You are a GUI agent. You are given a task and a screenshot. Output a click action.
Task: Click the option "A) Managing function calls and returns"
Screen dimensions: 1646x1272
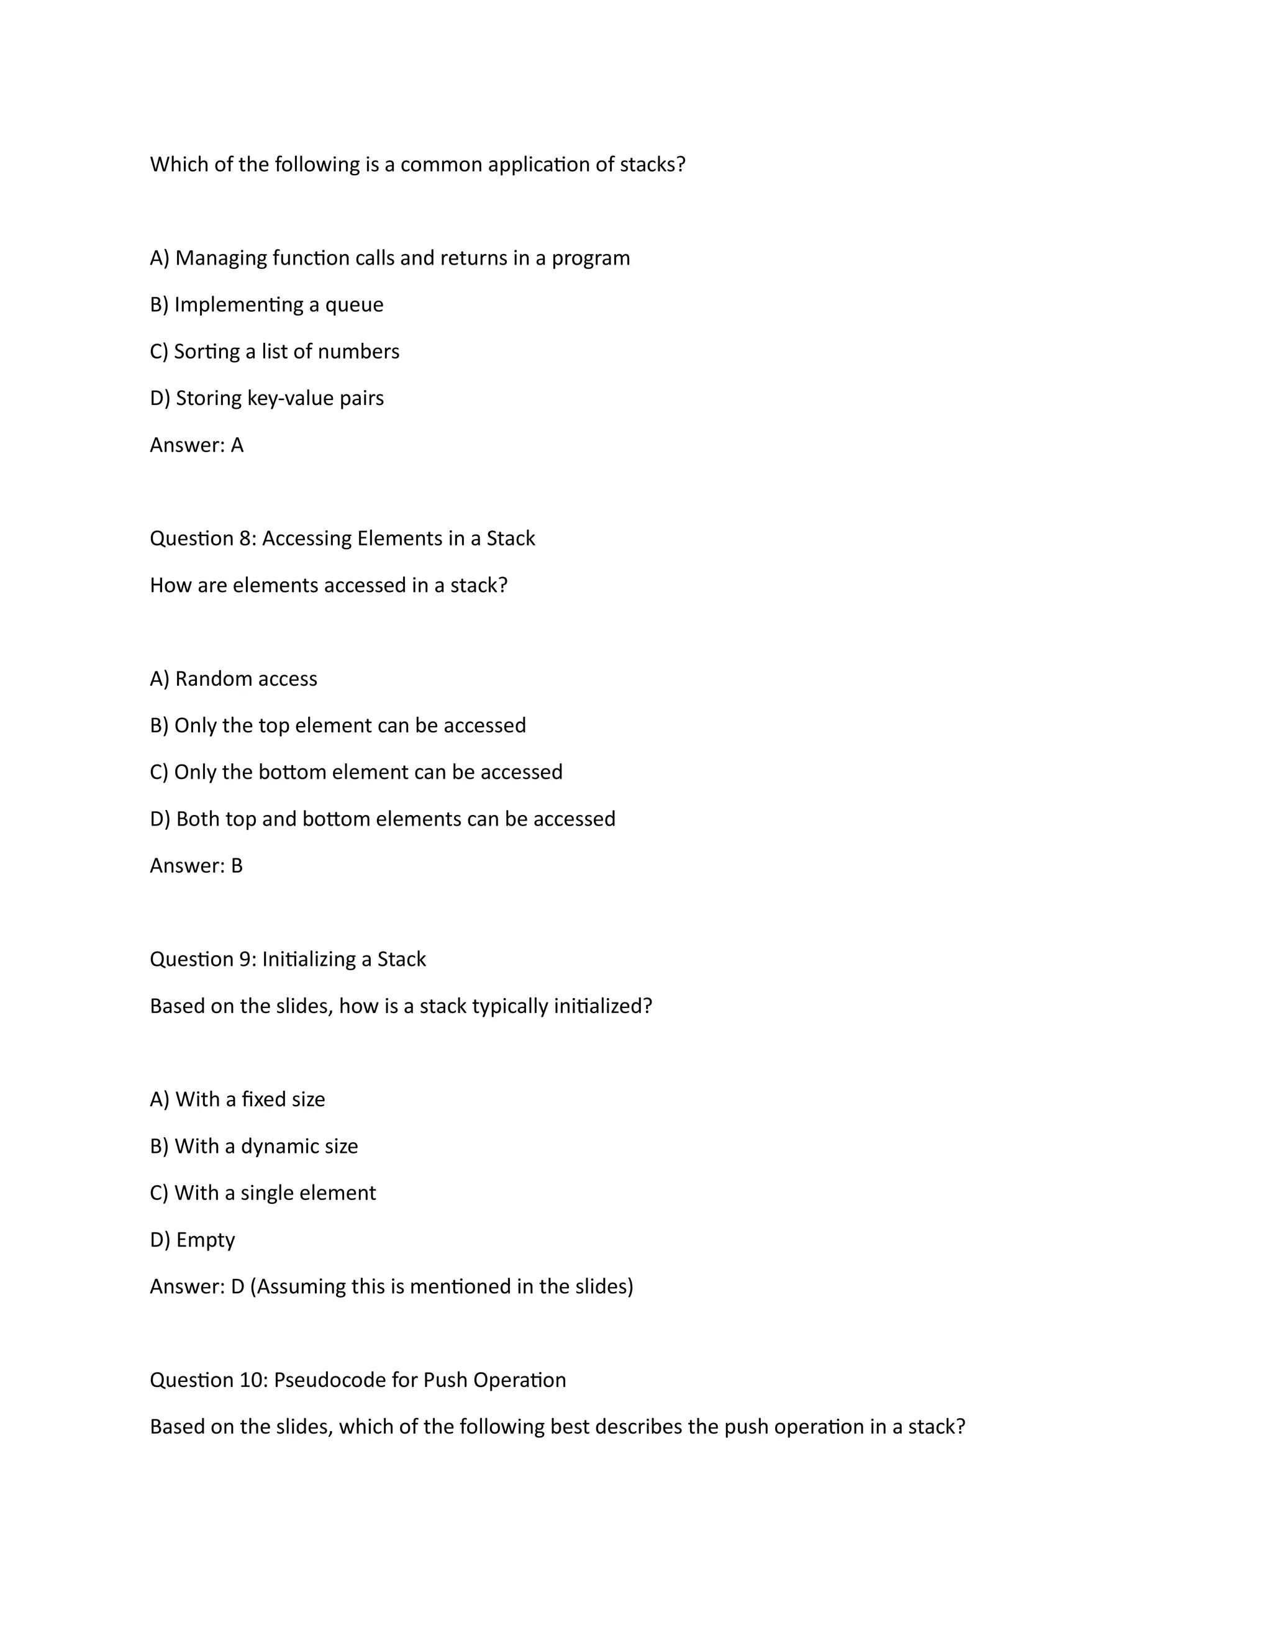(389, 258)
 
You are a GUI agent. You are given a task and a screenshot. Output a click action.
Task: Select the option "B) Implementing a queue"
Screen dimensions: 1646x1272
(266, 304)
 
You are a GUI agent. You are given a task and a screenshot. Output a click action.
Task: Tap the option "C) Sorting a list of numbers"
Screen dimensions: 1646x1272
(275, 351)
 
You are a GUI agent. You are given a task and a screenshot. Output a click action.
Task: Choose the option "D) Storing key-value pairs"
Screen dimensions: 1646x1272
(266, 398)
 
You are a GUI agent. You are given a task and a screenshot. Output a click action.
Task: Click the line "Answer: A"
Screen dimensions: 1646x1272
(197, 445)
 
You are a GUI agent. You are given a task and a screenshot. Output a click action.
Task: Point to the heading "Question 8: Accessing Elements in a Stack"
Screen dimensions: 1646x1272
(342, 538)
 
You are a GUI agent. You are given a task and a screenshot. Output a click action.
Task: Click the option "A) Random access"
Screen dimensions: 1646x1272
(234, 678)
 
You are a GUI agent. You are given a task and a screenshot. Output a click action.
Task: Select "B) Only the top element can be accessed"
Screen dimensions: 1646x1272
(338, 725)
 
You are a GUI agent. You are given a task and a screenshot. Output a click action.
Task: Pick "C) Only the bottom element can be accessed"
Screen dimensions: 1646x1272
(356, 771)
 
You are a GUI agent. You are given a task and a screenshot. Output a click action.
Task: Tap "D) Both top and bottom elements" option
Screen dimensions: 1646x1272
(382, 819)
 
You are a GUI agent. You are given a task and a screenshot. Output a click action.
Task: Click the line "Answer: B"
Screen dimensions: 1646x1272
(196, 865)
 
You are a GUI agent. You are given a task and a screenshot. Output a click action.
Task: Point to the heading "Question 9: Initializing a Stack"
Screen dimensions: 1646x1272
(288, 958)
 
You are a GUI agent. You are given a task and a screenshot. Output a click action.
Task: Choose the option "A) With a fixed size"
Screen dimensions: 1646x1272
(237, 1099)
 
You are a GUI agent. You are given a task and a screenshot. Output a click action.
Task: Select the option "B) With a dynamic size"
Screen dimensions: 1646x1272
(254, 1145)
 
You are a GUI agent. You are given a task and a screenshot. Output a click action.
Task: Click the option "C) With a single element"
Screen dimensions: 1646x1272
(262, 1193)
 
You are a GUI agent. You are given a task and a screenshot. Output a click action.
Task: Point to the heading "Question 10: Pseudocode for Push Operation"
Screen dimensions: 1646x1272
(358, 1379)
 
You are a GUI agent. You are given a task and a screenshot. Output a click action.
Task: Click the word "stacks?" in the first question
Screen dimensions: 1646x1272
(653, 165)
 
